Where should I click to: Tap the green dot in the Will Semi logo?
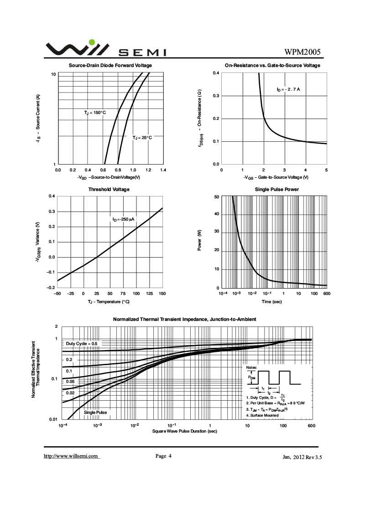point(92,42)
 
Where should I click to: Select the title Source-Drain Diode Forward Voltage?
point(110,66)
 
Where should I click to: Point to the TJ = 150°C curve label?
point(94,112)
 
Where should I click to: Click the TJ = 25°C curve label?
point(142,137)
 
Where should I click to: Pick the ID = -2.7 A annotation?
point(288,89)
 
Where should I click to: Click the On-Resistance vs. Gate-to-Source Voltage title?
point(273,66)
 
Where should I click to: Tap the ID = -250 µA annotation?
point(123,219)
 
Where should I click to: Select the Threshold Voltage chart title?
point(109,189)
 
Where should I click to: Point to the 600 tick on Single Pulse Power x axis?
point(327,294)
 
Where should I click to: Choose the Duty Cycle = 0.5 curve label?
point(82,343)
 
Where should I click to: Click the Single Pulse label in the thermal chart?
point(95,413)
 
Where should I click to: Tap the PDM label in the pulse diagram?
point(252,377)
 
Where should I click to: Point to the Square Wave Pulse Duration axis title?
point(185,431)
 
